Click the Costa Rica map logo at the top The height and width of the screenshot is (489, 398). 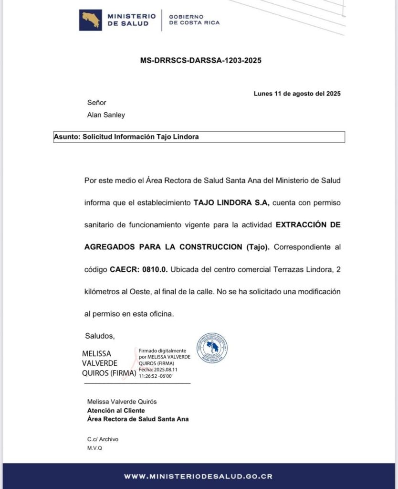coord(90,20)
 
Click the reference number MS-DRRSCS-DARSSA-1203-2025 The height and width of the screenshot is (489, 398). coord(200,61)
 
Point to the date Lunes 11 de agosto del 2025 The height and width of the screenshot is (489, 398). coord(297,94)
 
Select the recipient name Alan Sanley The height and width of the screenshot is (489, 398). coord(106,115)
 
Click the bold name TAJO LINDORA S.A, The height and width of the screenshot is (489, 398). coord(231,202)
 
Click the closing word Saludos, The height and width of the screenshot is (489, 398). coord(100,336)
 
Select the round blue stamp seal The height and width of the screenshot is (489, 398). coord(212,348)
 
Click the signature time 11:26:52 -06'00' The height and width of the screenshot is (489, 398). coord(156,376)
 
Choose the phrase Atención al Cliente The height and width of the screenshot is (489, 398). coord(116,410)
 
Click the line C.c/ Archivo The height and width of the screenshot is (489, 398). coord(103,439)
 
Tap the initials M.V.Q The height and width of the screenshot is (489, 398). coord(94,448)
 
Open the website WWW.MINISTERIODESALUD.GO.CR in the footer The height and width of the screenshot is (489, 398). coord(199,476)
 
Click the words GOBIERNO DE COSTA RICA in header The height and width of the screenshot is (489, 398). coord(195,20)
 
